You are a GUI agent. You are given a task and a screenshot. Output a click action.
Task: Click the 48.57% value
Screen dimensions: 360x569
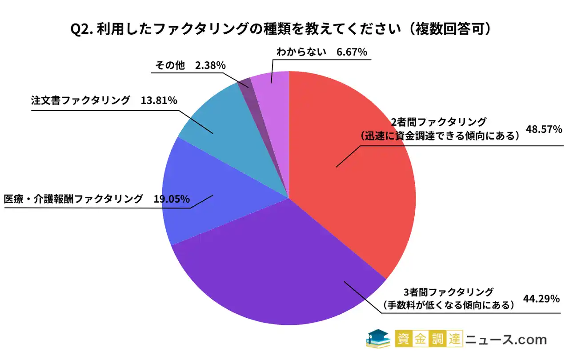[544, 129]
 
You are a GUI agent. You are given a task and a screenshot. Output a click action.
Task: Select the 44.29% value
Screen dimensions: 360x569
[541, 299]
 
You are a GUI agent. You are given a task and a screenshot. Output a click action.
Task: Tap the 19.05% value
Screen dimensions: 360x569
[172, 199]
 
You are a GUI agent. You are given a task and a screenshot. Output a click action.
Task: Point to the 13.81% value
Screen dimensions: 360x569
[159, 100]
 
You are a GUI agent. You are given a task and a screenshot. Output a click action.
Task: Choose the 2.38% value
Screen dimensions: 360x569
[210, 65]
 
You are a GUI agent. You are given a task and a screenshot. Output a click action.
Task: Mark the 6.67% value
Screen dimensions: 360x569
[352, 52]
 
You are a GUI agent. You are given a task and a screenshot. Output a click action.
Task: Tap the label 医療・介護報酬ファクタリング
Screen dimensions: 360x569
[73, 199]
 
